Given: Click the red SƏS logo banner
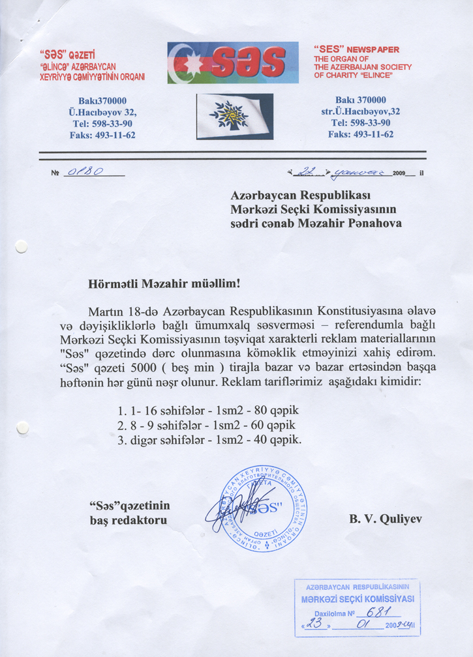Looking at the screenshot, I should pos(233,63).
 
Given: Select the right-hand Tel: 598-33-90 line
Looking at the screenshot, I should pos(361,123).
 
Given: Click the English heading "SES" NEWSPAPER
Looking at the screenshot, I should pos(356,49).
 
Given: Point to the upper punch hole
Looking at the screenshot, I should pos(22,246).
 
